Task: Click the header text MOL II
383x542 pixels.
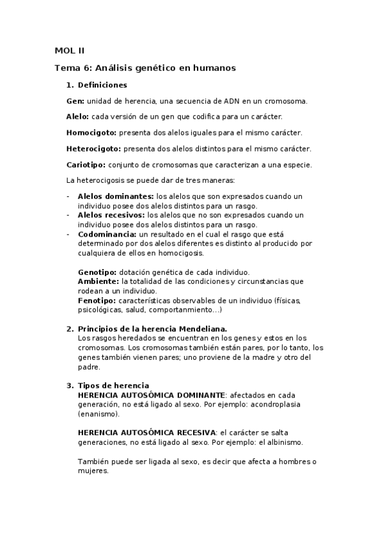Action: (69, 50)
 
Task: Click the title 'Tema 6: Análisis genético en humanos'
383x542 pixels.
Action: (145, 67)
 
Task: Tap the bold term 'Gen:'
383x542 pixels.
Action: (75, 101)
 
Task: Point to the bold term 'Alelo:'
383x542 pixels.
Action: (78, 117)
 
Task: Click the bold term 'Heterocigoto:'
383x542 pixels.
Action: (94, 149)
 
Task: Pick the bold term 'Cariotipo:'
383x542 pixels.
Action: (86, 165)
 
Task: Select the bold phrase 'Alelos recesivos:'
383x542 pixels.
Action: (112, 215)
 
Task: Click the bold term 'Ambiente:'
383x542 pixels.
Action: (98, 281)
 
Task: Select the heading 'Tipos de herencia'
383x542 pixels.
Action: (113, 385)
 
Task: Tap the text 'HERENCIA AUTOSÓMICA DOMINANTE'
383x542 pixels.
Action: (151, 395)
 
